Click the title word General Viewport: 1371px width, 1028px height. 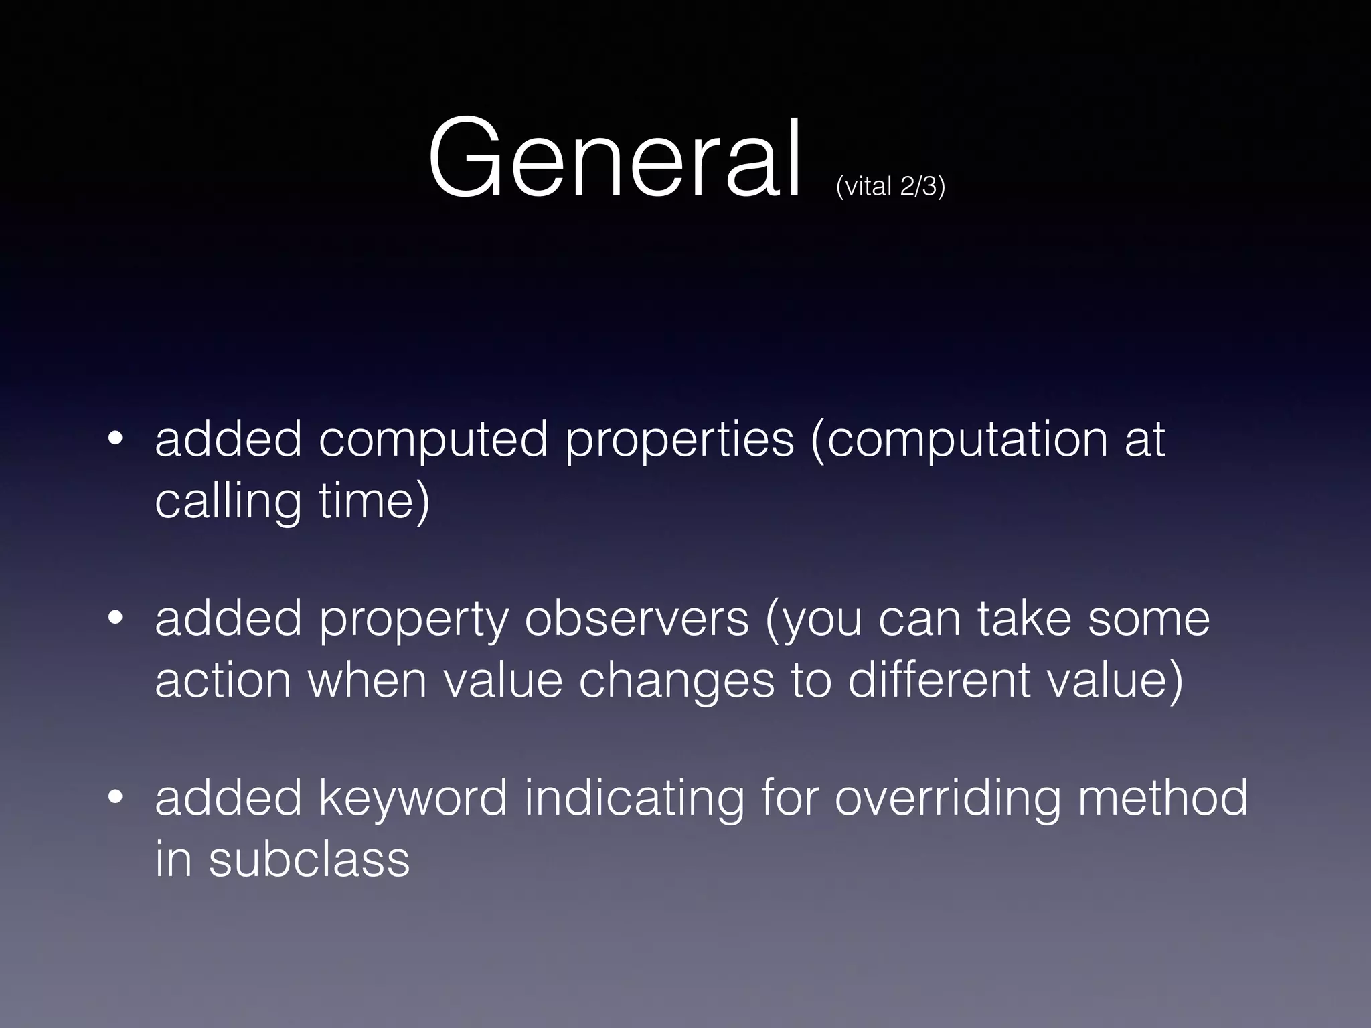pyautogui.click(x=615, y=159)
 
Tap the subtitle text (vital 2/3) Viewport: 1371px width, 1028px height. pyautogui.click(x=890, y=186)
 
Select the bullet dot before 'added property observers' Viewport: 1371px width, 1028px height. pyautogui.click(x=115, y=619)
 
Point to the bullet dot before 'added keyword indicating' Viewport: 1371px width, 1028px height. pyautogui.click(x=115, y=798)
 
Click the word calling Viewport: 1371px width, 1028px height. pyautogui.click(x=228, y=502)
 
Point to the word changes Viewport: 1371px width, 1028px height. pyautogui.click(x=676, y=681)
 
